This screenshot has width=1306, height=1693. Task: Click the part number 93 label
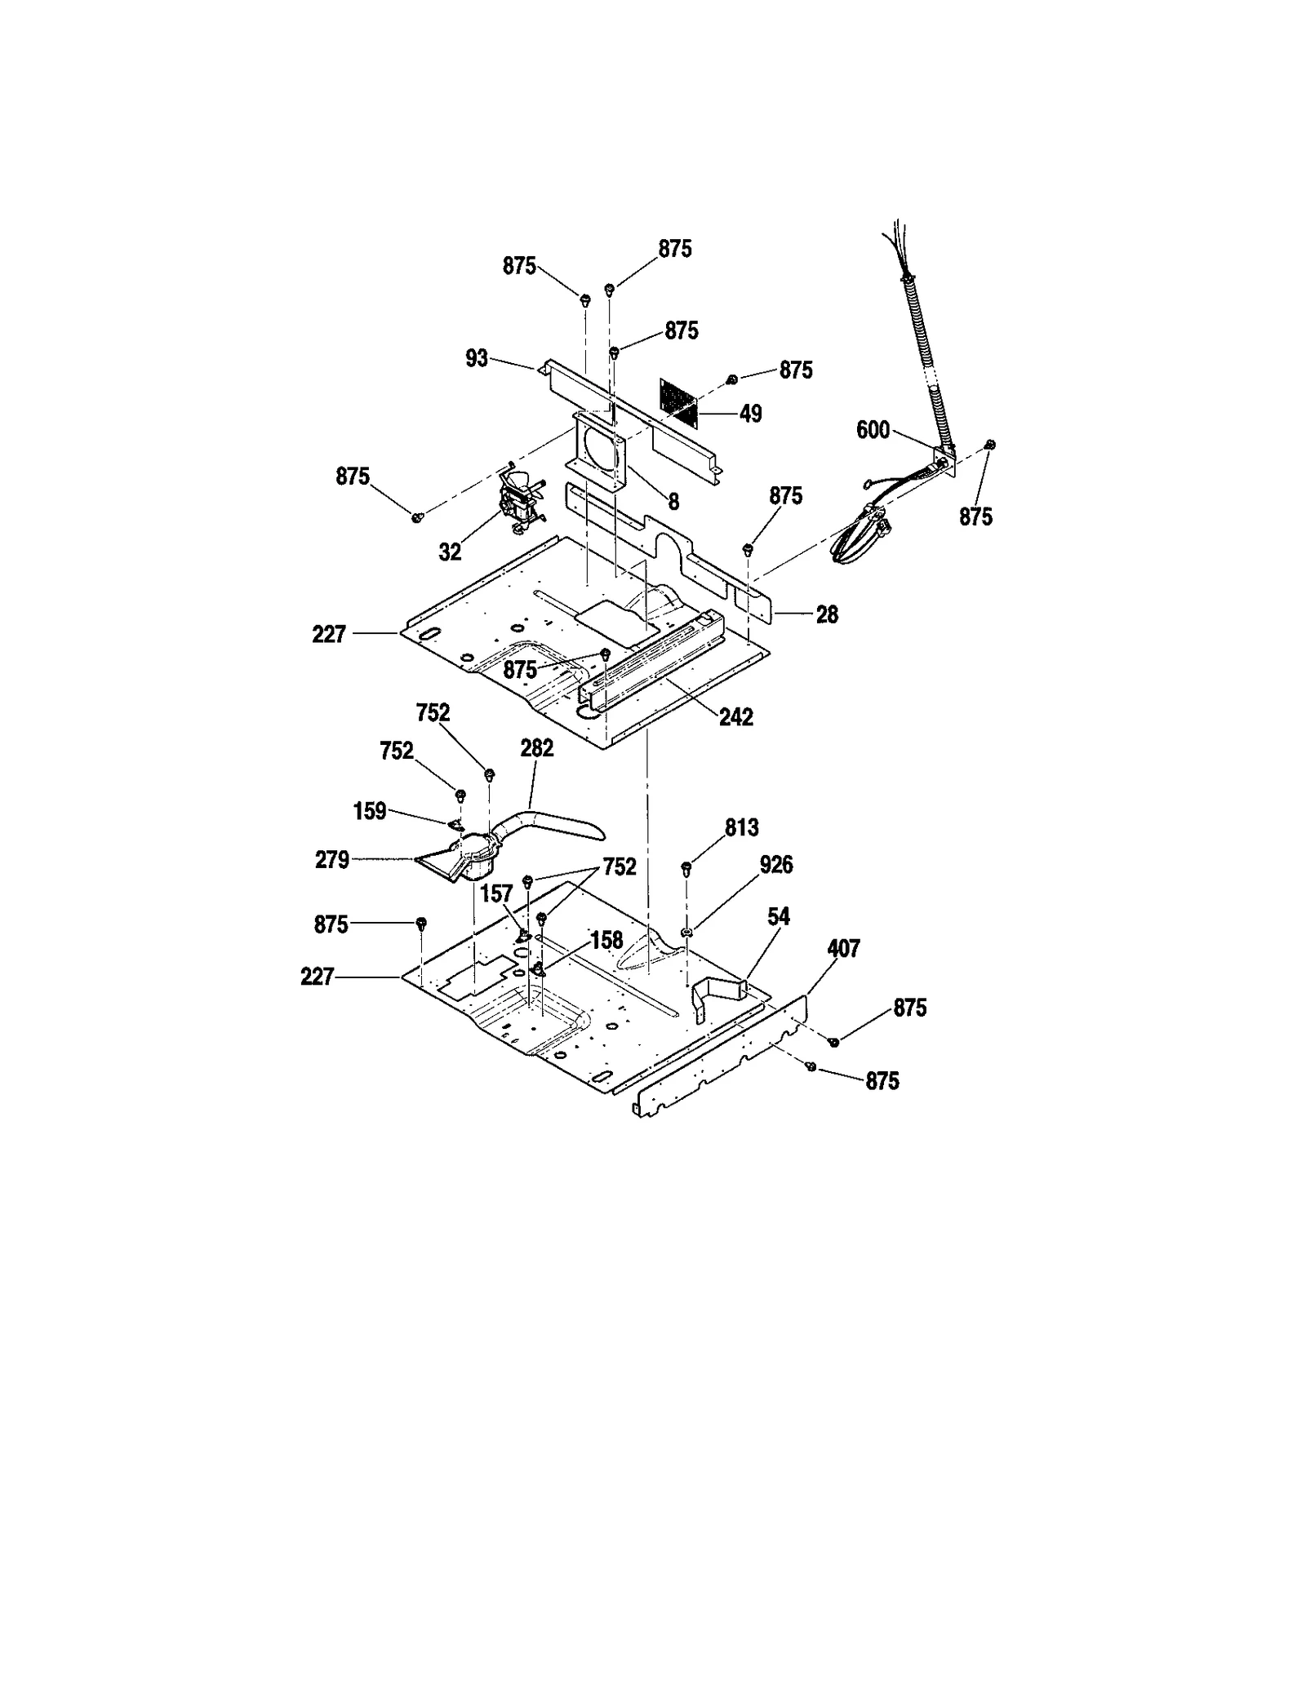click(x=476, y=358)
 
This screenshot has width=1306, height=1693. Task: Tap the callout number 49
click(x=750, y=414)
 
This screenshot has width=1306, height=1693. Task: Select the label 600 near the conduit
click(x=873, y=430)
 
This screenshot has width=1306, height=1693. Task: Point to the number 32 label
click(x=450, y=552)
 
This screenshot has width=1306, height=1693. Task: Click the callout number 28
click(x=827, y=614)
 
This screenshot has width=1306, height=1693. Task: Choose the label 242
click(x=735, y=717)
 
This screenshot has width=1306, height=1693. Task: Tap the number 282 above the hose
click(x=536, y=748)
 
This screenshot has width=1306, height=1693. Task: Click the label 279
click(x=332, y=860)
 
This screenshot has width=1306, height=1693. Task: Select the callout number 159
click(x=369, y=812)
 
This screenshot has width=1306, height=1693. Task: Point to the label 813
click(x=741, y=827)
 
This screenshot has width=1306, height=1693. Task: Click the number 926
click(x=775, y=865)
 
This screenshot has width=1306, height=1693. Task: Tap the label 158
click(x=606, y=940)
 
